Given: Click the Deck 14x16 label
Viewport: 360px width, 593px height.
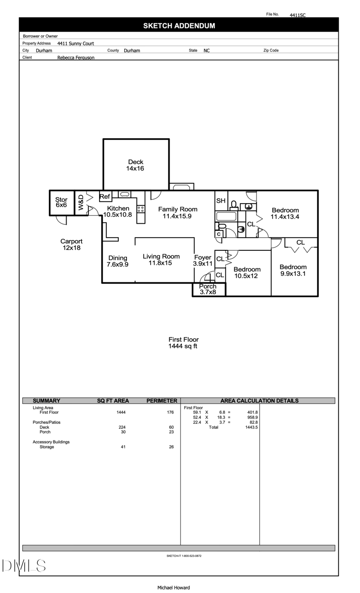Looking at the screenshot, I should point(135,165).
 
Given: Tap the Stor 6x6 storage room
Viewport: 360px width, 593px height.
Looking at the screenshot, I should point(61,203).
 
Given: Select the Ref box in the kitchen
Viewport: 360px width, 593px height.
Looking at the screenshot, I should point(105,197).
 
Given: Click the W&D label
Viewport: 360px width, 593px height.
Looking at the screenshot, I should point(81,203).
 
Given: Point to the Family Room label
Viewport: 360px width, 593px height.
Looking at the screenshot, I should point(177,213).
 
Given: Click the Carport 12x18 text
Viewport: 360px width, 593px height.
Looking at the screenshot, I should point(72,244).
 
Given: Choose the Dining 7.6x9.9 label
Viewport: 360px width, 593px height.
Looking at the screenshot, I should point(117,261).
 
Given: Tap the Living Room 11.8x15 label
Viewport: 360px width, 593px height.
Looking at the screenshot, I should point(161,259).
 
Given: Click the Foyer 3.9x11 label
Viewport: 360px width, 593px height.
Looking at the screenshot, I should point(202,261).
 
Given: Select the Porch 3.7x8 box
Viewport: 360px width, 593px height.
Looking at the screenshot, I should point(208,290).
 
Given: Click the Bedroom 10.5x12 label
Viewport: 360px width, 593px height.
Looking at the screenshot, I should point(247,272).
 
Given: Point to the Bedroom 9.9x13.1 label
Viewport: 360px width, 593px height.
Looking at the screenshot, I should point(293,270).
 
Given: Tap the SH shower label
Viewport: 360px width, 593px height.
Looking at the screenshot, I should point(220,201).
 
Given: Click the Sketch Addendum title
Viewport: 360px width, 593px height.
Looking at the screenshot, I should point(179,26).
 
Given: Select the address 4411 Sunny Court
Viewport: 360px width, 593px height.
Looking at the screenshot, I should point(76,44).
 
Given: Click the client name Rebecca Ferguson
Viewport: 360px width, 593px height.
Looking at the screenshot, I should point(76,58).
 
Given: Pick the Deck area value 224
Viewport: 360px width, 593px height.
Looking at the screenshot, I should point(121,427).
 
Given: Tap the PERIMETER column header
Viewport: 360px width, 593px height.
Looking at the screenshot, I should point(162,401).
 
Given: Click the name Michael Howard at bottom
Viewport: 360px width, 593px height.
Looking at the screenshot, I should point(173,588).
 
